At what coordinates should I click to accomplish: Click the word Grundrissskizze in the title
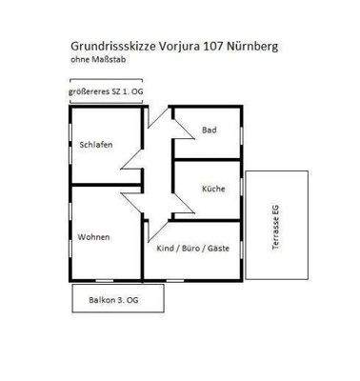(x=112, y=45)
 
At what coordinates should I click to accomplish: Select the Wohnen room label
(x=94, y=235)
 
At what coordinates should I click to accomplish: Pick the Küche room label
(x=213, y=189)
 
